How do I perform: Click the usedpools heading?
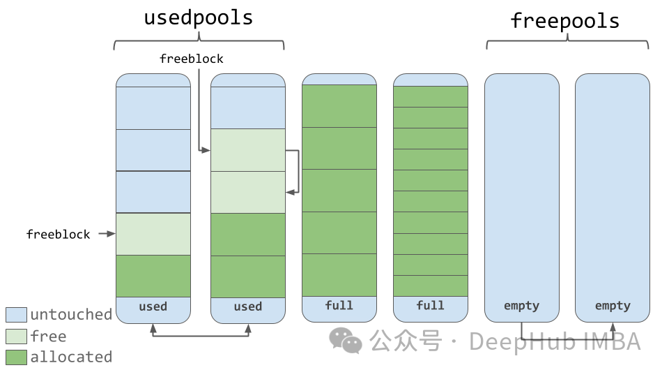pyautogui.click(x=199, y=18)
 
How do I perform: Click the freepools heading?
pyautogui.click(x=565, y=21)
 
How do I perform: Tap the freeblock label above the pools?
pyautogui.click(x=191, y=59)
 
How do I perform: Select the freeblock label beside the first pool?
pyautogui.click(x=58, y=235)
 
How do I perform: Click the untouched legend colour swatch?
pyautogui.click(x=16, y=315)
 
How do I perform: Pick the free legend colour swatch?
pyautogui.click(x=16, y=337)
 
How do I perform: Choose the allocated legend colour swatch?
pyautogui.click(x=16, y=357)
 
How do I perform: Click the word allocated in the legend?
pyautogui.click(x=71, y=357)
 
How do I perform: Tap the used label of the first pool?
pyautogui.click(x=153, y=306)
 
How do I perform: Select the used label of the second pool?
pyautogui.click(x=247, y=306)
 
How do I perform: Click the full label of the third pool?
pyautogui.click(x=339, y=305)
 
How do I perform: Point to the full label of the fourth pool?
pyautogui.click(x=430, y=305)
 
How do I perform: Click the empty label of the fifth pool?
pyautogui.click(x=521, y=306)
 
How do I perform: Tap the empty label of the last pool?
pyautogui.click(x=612, y=306)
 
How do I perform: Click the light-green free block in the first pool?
pyautogui.click(x=153, y=234)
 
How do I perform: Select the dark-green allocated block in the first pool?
pyautogui.click(x=153, y=276)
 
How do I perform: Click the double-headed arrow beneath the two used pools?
pyautogui.click(x=200, y=337)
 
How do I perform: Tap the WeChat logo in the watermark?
pyautogui.click(x=346, y=341)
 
